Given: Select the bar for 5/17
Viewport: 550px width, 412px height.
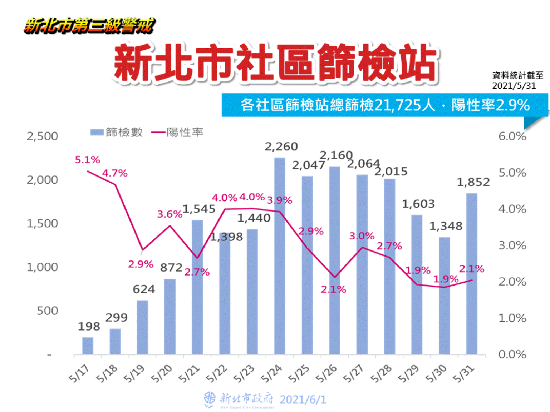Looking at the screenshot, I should click(x=88, y=346).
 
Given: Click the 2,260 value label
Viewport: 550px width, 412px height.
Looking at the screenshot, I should click(x=281, y=147).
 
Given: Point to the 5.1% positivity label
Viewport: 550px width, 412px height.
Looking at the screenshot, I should click(x=87, y=160).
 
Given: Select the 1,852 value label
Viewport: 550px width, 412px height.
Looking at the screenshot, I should click(x=473, y=182).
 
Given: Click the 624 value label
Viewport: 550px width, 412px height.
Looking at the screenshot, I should click(x=144, y=289).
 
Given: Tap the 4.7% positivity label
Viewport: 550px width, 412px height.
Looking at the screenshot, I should click(x=115, y=173).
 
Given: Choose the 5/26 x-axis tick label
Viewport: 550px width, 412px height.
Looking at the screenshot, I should click(x=326, y=374).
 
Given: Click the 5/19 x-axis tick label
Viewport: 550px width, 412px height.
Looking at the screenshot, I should click(x=134, y=374).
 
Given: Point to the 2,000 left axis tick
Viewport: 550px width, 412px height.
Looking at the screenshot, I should click(x=42, y=180).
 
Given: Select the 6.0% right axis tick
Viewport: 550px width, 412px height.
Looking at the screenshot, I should click(x=512, y=136).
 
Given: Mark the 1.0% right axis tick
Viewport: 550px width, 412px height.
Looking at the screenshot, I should click(x=512, y=318).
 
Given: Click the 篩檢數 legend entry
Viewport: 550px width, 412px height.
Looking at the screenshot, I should click(x=117, y=132).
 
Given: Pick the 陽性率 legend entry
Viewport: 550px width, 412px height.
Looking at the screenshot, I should click(x=177, y=132).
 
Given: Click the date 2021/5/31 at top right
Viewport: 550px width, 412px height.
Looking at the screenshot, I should click(x=514, y=86).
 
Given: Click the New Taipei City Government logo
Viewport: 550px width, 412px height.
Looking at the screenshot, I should click(x=210, y=399).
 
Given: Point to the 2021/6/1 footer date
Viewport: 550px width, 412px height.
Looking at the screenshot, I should click(x=303, y=399).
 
